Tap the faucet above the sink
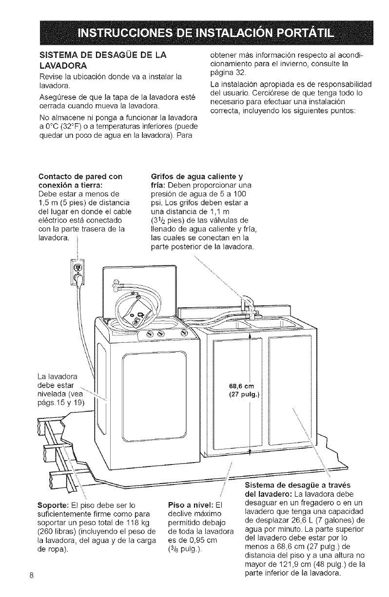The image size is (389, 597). (248, 304)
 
